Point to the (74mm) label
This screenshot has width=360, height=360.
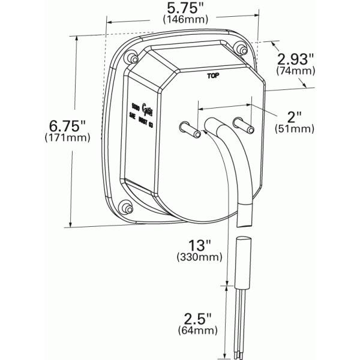[295, 71]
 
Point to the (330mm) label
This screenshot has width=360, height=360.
[199, 258]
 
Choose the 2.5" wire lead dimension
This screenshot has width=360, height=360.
[198, 318]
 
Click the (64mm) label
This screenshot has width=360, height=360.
[198, 331]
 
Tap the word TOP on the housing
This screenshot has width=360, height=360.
[212, 76]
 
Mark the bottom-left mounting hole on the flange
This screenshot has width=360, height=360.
[127, 208]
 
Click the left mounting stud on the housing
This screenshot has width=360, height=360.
[187, 128]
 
